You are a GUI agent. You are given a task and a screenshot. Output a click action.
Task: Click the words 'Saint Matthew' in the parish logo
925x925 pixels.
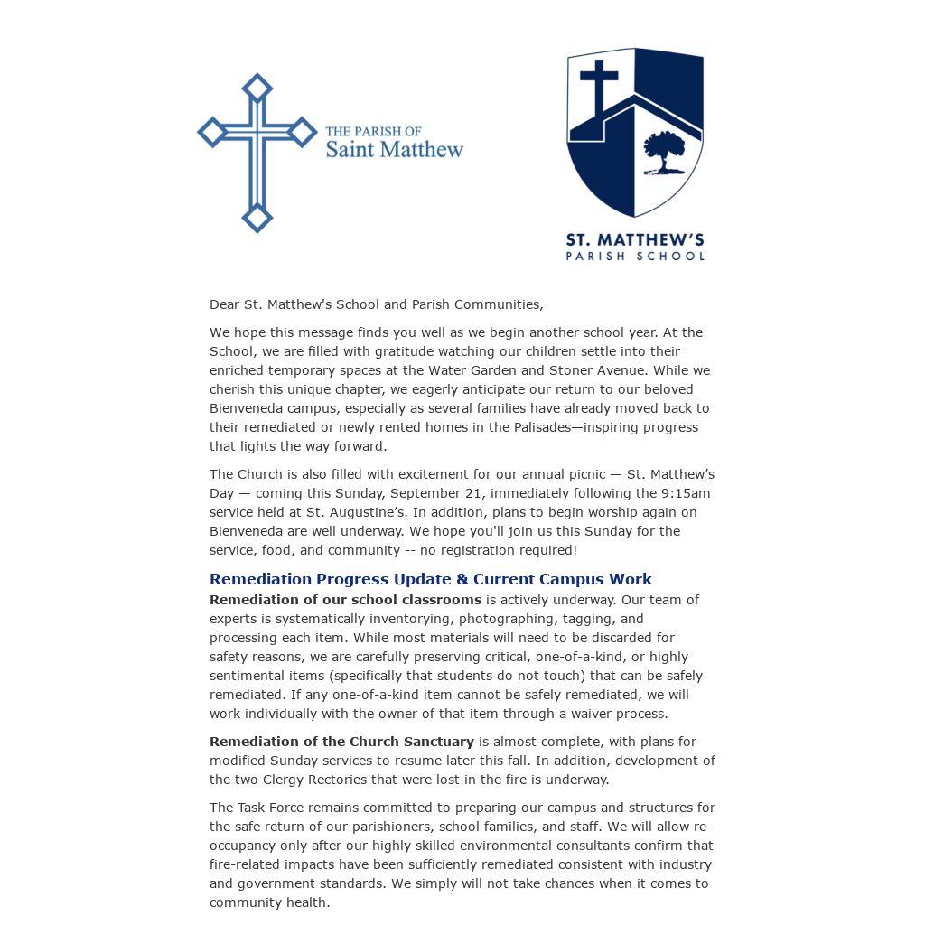(394, 149)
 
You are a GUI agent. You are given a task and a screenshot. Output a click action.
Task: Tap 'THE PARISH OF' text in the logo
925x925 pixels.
(373, 131)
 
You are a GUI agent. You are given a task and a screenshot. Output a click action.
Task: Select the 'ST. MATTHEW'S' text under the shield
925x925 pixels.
(634, 239)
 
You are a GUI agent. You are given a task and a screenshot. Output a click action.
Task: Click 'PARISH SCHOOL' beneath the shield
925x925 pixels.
(634, 257)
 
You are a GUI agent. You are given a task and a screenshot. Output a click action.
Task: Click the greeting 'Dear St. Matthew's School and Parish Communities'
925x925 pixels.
(376, 304)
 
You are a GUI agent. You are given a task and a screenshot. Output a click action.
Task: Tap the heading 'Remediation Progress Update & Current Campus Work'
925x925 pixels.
(430, 579)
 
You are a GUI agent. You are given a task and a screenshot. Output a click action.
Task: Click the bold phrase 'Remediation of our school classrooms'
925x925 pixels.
(345, 600)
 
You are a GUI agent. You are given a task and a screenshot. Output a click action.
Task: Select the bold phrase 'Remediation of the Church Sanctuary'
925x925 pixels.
(341, 742)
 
